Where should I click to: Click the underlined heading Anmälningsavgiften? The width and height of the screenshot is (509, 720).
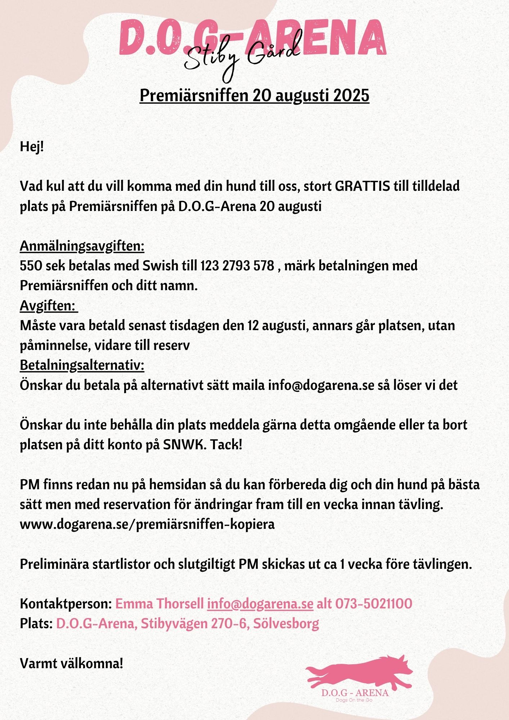pyautogui.click(x=82, y=246)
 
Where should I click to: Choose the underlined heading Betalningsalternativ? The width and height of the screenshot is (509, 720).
pyautogui.click(x=82, y=365)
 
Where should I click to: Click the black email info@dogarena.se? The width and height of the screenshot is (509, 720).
pyautogui.click(x=321, y=385)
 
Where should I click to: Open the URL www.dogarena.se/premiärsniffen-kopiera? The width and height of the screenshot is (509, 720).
pyautogui.click(x=147, y=524)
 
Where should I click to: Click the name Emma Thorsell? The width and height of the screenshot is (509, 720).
pyautogui.click(x=159, y=603)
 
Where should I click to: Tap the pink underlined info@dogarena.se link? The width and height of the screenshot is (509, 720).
pyautogui.click(x=260, y=603)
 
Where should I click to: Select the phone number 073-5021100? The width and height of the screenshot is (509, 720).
pyautogui.click(x=374, y=603)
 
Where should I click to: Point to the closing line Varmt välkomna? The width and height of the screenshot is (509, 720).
pyautogui.click(x=72, y=663)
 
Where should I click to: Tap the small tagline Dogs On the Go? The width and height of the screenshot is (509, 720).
pyautogui.click(x=354, y=700)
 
